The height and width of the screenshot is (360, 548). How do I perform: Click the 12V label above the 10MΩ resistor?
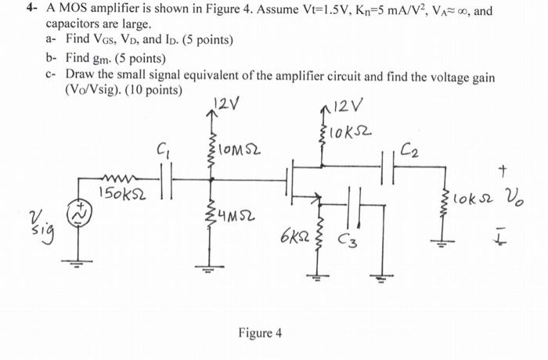222,103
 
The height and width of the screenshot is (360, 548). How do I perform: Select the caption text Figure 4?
260,333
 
